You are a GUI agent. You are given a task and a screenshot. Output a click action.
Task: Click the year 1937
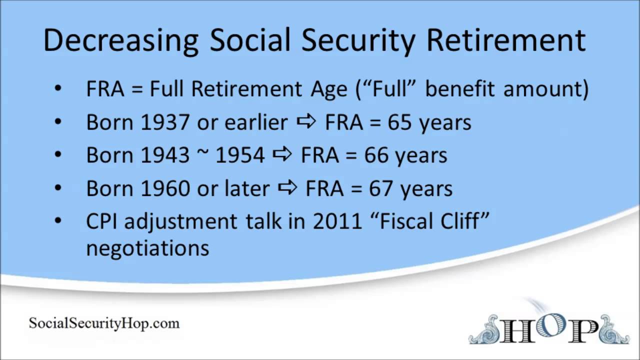point(165,122)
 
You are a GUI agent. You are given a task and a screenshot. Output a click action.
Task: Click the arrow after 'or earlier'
point(306,122)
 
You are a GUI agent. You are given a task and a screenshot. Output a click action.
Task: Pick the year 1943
point(165,155)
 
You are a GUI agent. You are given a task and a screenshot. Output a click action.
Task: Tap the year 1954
point(240,155)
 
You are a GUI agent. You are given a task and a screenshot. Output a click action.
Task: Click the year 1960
point(165,188)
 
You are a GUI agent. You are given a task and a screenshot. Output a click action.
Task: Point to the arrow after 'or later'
point(287,188)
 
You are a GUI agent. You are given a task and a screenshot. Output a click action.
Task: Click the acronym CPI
point(102,221)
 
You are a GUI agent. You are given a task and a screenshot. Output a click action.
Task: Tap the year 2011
point(337,221)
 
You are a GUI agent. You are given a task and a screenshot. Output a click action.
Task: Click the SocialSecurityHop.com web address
point(104,323)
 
